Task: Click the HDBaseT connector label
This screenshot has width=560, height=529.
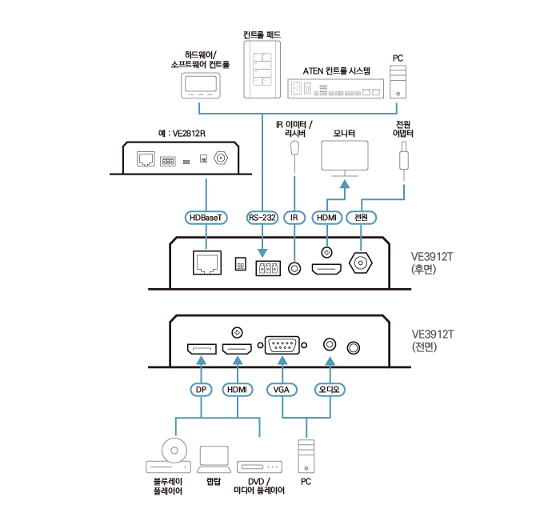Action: point(206,218)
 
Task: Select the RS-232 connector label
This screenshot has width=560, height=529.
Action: point(262,218)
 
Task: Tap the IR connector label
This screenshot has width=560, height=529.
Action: point(296,218)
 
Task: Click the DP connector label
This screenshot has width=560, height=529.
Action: point(201,390)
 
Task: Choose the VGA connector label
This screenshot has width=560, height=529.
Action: point(282,390)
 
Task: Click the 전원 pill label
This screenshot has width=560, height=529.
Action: point(361,218)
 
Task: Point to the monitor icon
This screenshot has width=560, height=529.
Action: point(344,158)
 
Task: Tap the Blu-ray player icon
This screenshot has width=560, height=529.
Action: point(169,457)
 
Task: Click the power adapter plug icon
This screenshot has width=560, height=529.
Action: point(404,154)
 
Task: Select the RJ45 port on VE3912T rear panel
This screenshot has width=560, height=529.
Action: point(206,262)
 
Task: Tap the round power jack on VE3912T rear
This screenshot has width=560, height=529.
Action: point(362,263)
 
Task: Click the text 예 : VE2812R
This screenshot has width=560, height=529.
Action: point(183,132)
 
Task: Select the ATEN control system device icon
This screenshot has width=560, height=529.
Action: point(337,88)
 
